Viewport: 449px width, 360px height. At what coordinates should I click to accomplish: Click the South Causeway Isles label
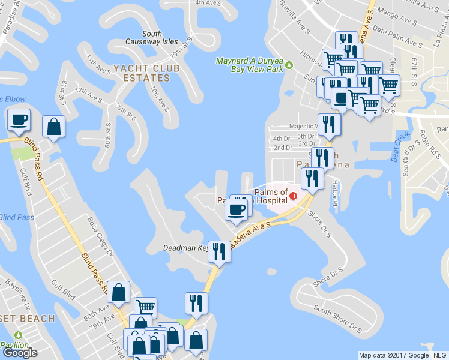point(152,37)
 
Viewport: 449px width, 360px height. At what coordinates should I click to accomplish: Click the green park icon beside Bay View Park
point(289,65)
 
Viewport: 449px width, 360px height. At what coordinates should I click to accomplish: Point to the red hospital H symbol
point(293,195)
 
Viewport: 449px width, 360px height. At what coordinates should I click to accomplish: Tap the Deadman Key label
point(184,248)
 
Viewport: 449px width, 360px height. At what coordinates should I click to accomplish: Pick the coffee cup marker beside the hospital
point(236,209)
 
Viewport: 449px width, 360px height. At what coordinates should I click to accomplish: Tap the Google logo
point(20,353)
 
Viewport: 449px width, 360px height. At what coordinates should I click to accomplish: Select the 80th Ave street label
point(97,314)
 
